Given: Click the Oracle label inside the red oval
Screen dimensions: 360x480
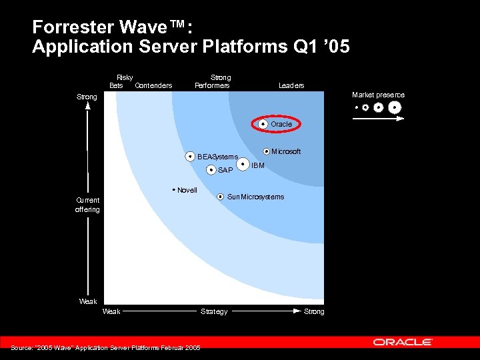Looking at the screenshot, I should (281, 124).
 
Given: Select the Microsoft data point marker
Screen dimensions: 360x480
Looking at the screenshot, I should (267, 151).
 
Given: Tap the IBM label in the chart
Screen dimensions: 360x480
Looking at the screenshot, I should (258, 165).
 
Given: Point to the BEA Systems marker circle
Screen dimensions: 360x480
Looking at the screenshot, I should (191, 157).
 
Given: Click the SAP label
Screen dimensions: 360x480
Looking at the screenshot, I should (225, 170).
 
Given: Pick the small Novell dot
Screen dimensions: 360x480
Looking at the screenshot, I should (173, 190).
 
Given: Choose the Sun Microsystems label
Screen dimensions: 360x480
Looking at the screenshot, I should (255, 197).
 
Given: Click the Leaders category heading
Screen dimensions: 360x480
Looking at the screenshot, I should (291, 85).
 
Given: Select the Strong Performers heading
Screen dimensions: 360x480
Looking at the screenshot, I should (213, 81).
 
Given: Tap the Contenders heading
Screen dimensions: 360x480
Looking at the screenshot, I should (153, 85).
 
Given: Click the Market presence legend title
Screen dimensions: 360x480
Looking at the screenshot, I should (378, 95).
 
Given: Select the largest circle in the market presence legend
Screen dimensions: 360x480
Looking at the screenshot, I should (395, 107).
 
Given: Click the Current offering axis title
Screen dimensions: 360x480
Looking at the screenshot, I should (87, 205).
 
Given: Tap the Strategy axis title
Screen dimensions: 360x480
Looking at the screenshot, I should (214, 311).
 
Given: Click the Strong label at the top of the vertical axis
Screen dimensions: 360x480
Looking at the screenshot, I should (87, 97).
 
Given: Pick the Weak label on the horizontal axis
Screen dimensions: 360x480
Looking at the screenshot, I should (111, 311).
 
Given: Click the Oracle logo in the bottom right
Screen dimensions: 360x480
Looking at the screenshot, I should (403, 342).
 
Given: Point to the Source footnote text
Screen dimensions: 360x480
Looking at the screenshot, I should (105, 347).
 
